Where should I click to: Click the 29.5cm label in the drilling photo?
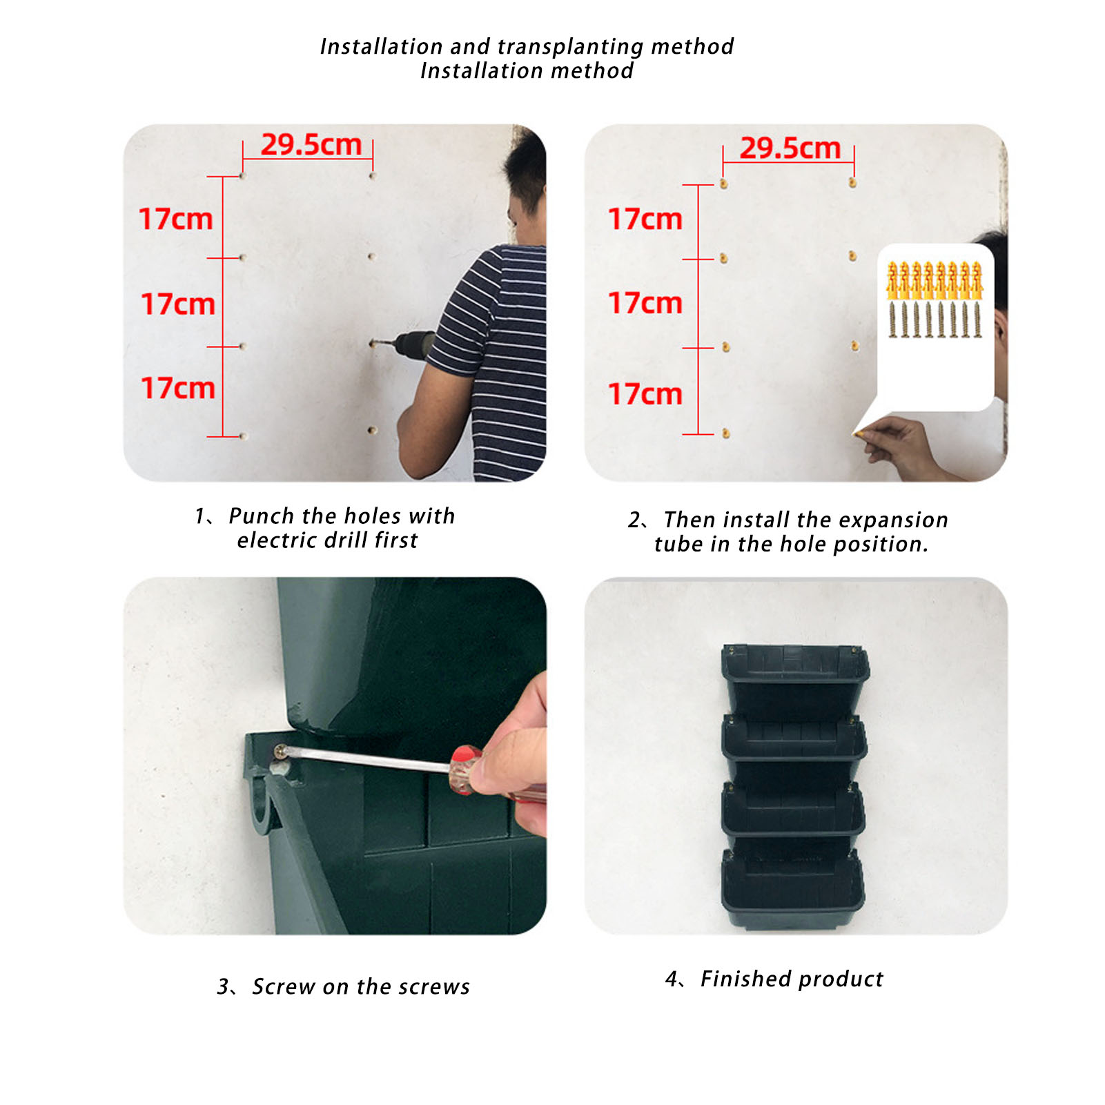point(311,145)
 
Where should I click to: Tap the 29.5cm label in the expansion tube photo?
point(790,148)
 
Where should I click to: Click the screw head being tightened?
point(281,751)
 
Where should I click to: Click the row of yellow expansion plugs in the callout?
point(935,280)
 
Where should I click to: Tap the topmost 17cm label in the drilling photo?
point(176,219)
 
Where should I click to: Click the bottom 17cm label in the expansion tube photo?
point(645,394)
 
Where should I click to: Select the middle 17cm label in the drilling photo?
point(178,304)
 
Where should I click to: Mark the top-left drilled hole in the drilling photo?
point(243,176)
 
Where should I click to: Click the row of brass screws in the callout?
point(935,320)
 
